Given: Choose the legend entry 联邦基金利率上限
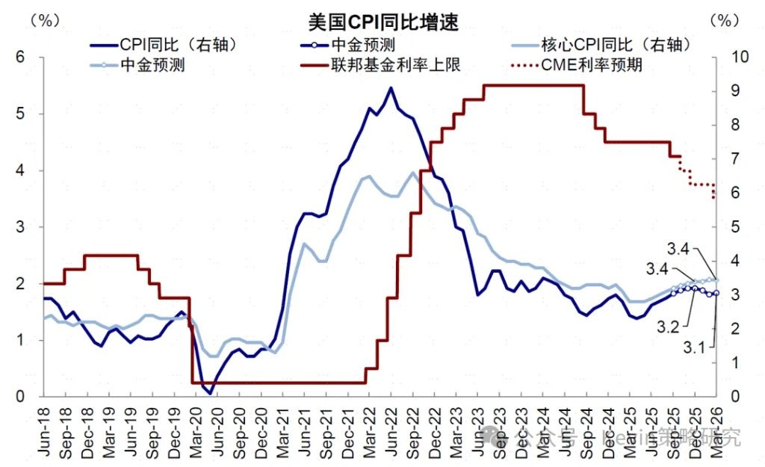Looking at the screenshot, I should (395, 65).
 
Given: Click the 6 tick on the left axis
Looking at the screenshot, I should (20, 58).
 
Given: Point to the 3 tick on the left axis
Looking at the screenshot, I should (20, 227).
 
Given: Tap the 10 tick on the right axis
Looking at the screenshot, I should (730, 58).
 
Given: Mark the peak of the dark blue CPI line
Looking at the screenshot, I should (391, 88).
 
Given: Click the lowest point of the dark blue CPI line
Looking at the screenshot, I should (210, 393).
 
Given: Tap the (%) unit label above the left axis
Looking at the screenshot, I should (43, 20).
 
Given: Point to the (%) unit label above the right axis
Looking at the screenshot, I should (723, 20).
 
